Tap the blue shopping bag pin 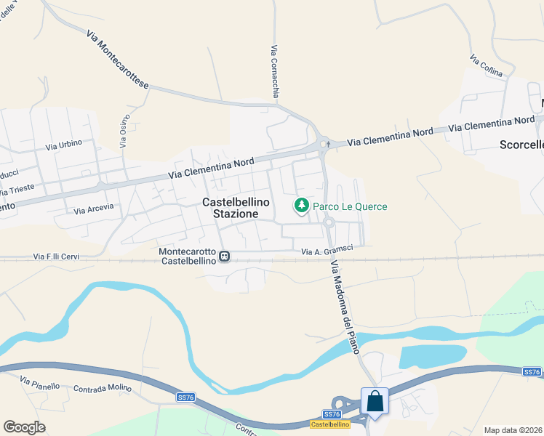pos(375,402)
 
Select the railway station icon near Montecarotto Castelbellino pos(225,256)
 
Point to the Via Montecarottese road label pos(117,60)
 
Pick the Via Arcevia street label pos(95,209)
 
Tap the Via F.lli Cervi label pos(56,257)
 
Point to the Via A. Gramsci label pos(327,251)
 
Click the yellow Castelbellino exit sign pos(330,424)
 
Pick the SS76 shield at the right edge pos(532,372)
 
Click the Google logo pos(24,427)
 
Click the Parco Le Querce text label pos(350,206)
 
